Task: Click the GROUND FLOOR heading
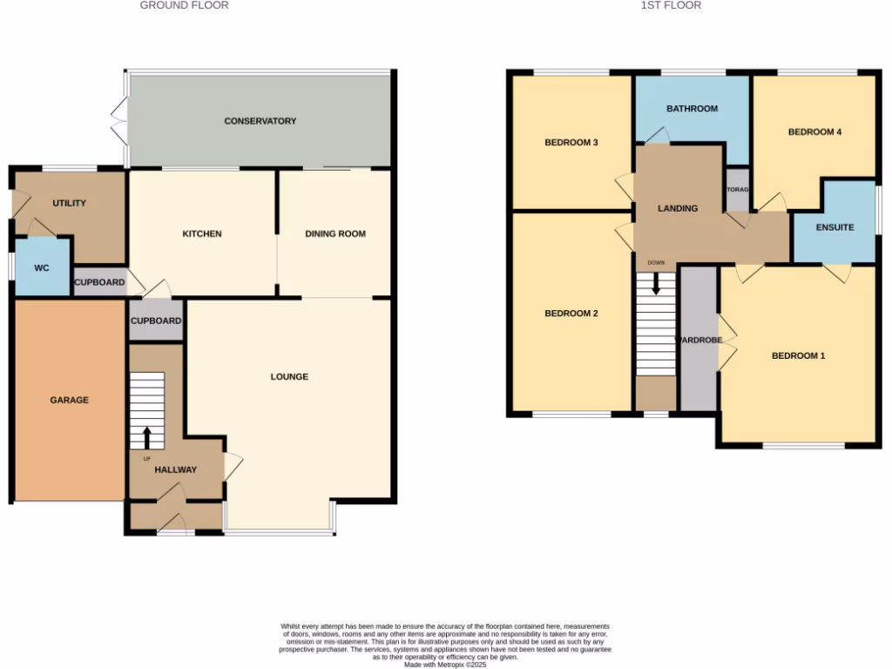tap(185, 5)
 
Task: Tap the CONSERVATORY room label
tap(260, 121)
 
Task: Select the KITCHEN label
tap(202, 233)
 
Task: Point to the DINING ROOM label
tap(335, 233)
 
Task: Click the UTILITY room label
tap(70, 203)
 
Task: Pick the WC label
tap(42, 268)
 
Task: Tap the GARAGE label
tap(69, 400)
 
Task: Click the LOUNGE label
tap(289, 376)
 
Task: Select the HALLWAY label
tap(176, 470)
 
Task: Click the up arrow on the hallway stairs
tap(146, 437)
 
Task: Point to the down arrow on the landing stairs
tap(656, 284)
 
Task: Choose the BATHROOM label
tap(692, 109)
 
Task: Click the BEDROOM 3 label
tap(571, 142)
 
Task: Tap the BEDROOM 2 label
tap(571, 314)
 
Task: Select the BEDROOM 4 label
tap(814, 132)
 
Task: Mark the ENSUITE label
tap(835, 227)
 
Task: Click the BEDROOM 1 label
tap(798, 355)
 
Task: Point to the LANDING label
tap(678, 208)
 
